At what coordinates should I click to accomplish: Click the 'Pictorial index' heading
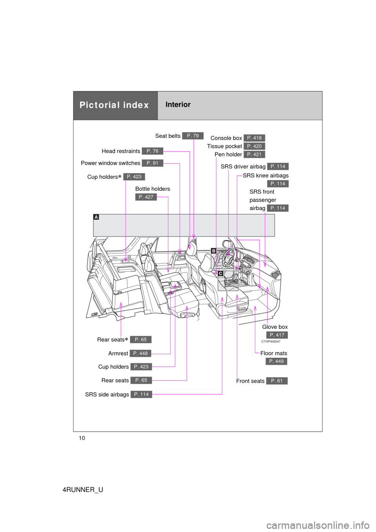pos(114,105)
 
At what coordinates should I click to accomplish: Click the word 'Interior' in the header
pos(178,105)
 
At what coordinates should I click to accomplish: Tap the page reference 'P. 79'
pos(193,136)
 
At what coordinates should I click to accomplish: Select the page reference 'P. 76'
pos(152,151)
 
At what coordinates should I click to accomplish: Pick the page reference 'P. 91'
pos(152,163)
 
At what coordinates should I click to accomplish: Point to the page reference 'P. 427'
pos(146,197)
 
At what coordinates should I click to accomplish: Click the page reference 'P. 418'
pos(254,138)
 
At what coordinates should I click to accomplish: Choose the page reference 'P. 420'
pos(254,146)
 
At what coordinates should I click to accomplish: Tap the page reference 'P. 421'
pos(254,154)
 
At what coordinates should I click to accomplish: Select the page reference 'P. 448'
pos(140,353)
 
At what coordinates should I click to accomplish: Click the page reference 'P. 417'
pos(277,335)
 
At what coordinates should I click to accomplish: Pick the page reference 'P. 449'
pos(276,361)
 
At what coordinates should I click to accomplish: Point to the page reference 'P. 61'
pos(277,381)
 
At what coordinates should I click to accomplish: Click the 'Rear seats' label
pos(111,340)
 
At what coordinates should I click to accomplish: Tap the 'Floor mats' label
pos(273,353)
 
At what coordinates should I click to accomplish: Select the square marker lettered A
pos(96,217)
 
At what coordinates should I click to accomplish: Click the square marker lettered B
pos(213,251)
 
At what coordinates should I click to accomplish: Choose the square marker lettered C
pos(221,273)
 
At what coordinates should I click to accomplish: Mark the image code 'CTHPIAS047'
pos(271,342)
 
